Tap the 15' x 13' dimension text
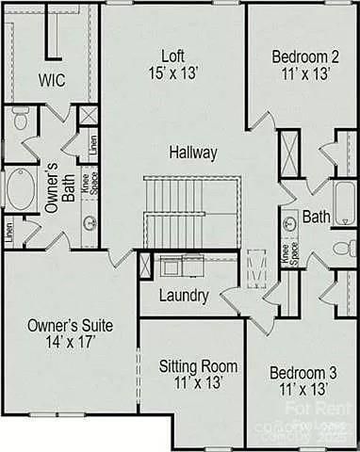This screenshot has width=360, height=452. point(173,72)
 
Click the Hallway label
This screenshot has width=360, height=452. point(193,152)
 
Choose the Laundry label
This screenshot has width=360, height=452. point(184,296)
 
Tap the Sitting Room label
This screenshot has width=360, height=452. point(197,366)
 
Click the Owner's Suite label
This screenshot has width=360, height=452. point(70,325)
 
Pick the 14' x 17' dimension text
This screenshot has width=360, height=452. point(70,343)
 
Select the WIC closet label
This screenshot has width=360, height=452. point(52,80)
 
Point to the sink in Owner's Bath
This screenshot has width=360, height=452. point(90,224)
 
